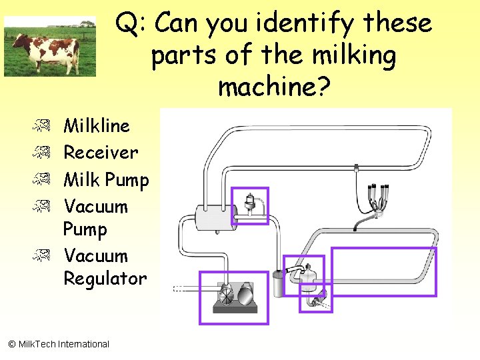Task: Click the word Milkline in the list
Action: click(x=97, y=125)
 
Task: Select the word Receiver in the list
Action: click(x=101, y=152)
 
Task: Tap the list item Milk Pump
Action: click(x=106, y=180)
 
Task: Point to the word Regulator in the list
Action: click(x=105, y=279)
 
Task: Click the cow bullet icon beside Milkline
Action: click(x=41, y=125)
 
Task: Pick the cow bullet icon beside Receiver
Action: click(x=41, y=152)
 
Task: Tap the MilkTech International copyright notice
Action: click(x=59, y=344)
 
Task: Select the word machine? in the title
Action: click(x=275, y=85)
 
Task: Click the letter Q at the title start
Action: click(x=127, y=23)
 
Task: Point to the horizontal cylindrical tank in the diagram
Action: click(x=216, y=217)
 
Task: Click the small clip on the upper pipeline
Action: click(x=356, y=168)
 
